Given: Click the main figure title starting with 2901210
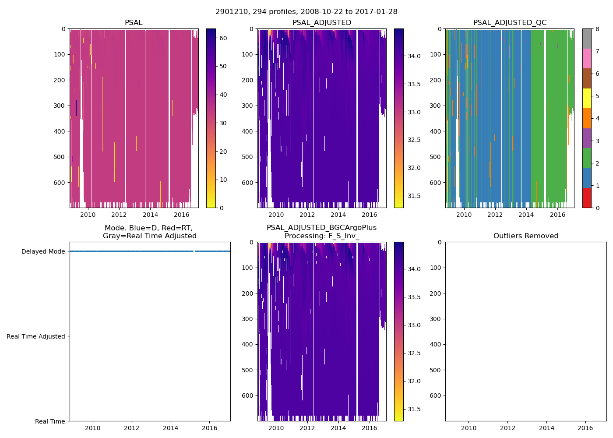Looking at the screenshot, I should click(x=306, y=12).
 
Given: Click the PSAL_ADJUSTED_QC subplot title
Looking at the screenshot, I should click(x=510, y=23).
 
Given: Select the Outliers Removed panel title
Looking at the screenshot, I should click(x=526, y=236).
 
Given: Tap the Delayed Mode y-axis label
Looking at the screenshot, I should click(x=43, y=251).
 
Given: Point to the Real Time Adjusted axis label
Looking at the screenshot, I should click(x=36, y=336).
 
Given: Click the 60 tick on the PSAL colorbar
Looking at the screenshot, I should click(x=223, y=38).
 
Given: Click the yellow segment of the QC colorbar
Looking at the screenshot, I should click(x=587, y=98).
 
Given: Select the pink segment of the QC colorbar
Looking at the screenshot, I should click(x=587, y=58).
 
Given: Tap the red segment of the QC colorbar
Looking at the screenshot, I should click(x=587, y=198).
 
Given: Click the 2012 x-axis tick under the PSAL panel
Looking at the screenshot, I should click(x=119, y=215).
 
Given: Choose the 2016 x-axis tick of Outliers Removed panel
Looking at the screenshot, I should click(x=585, y=428).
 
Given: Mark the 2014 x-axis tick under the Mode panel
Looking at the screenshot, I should click(x=171, y=428).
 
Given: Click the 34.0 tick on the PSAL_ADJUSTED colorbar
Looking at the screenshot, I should click(x=414, y=56).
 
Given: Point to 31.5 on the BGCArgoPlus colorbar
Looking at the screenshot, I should click(x=414, y=409).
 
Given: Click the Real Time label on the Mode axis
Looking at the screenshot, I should click(x=50, y=421).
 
